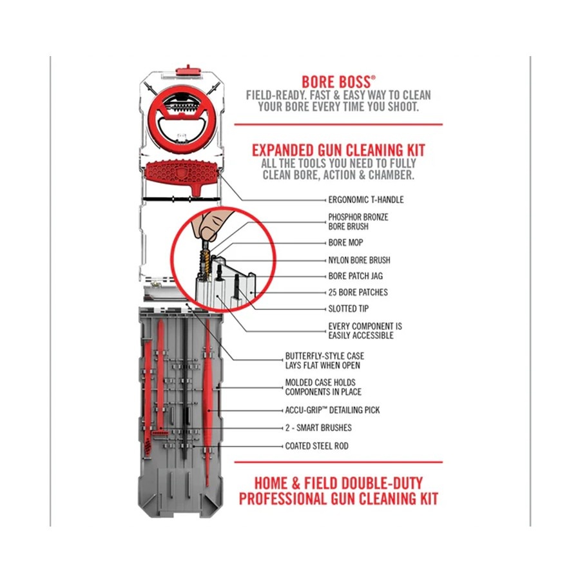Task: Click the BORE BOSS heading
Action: click(x=338, y=82)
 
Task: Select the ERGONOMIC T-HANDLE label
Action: click(x=366, y=200)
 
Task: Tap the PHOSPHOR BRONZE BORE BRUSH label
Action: click(x=358, y=222)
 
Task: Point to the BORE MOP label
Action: click(x=345, y=243)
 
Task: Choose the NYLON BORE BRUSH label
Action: click(x=359, y=260)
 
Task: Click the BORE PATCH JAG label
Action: click(x=356, y=276)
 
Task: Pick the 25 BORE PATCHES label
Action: click(x=358, y=292)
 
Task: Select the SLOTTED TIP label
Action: click(x=349, y=309)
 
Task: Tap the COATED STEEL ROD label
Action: click(x=316, y=446)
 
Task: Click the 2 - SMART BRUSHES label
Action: click(x=318, y=428)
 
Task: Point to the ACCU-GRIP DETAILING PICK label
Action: click(x=332, y=410)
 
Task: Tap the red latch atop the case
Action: click(x=188, y=71)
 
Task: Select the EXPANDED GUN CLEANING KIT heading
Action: click(x=338, y=150)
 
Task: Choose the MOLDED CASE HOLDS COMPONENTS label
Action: click(x=323, y=387)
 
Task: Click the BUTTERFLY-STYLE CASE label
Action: click(x=324, y=361)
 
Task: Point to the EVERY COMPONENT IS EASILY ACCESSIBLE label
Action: click(x=365, y=331)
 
